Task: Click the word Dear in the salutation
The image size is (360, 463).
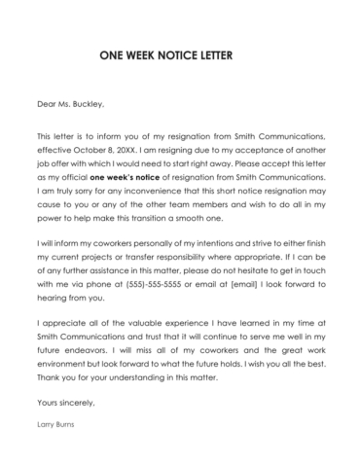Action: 46,104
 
